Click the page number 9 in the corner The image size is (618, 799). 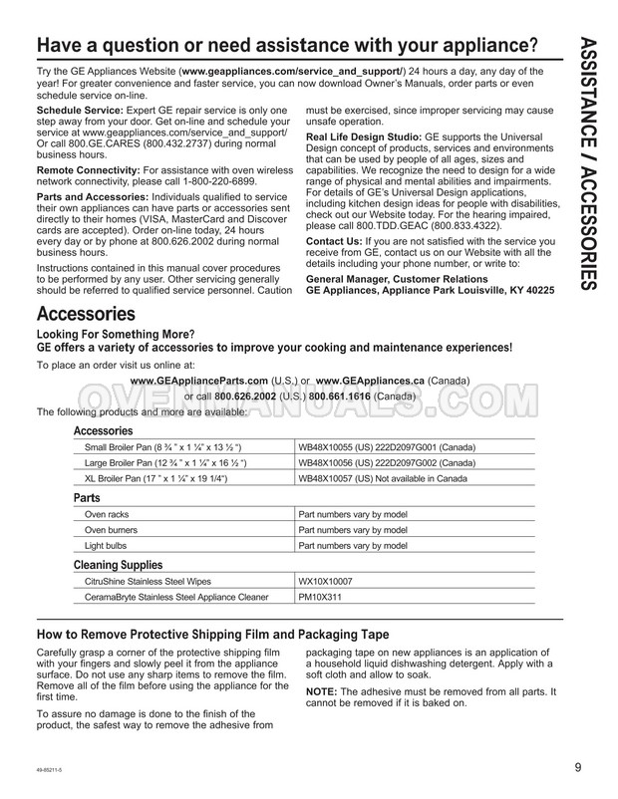(577, 767)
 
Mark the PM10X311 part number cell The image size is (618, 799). (320, 598)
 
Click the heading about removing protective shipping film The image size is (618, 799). (212, 635)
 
